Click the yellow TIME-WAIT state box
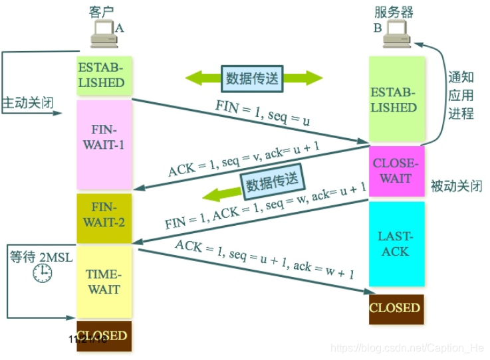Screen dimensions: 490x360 coord(104,281)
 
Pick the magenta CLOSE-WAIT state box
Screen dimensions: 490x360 coord(396,171)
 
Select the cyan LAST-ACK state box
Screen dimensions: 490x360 coord(396,244)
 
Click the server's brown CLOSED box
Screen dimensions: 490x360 coord(396,308)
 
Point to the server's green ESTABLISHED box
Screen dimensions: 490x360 coord(396,100)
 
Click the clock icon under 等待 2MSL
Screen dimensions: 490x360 coord(43,273)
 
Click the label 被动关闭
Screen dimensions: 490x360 coord(455,186)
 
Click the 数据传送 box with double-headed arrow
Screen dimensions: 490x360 coord(253,78)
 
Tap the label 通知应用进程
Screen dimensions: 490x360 coord(460,94)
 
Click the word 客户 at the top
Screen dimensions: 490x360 coord(100,11)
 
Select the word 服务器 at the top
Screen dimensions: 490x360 coord(395,11)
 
